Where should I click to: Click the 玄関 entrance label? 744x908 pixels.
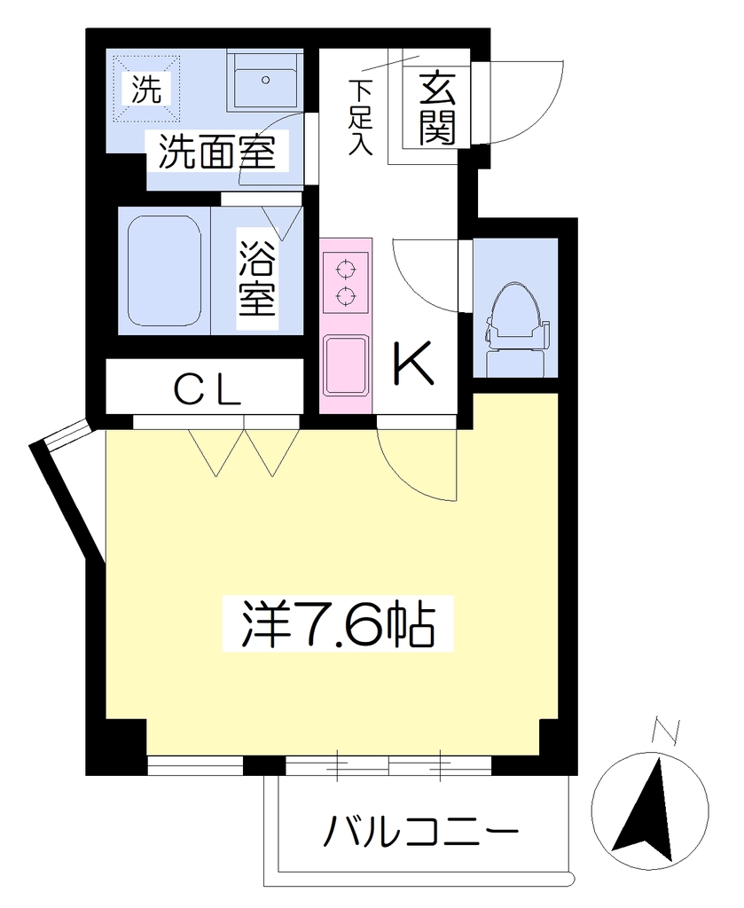437,108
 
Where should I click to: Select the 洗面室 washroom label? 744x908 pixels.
217,151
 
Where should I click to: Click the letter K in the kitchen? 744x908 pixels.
413,364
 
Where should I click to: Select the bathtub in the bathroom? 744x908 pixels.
164,271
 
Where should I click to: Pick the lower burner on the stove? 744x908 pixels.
346,296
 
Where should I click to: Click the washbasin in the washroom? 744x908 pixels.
264,81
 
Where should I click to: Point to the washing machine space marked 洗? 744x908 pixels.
146,89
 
